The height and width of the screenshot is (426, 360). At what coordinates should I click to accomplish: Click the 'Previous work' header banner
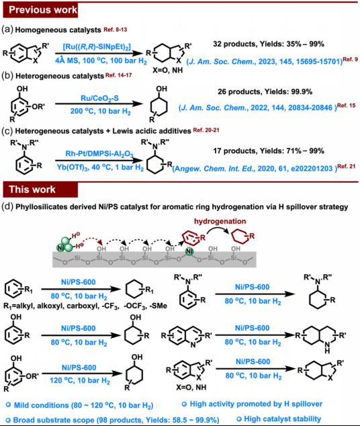[40, 10]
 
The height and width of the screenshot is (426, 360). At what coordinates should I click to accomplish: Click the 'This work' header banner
[40, 189]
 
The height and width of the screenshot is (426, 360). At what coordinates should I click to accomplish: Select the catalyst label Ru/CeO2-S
[99, 98]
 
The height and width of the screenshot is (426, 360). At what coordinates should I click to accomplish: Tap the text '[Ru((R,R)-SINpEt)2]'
[97, 47]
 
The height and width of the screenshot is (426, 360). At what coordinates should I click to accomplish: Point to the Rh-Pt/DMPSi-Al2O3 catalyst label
[99, 155]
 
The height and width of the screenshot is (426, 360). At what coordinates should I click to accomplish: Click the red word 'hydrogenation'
[220, 221]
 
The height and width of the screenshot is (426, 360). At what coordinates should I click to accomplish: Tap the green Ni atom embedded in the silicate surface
[189, 251]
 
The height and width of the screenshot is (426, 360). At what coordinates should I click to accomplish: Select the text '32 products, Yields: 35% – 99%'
[269, 44]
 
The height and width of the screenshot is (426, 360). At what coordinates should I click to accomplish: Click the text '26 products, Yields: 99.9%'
[265, 92]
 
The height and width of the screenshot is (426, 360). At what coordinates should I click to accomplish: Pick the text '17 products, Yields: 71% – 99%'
[269, 151]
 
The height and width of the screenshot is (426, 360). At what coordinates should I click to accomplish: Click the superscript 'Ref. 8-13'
[116, 30]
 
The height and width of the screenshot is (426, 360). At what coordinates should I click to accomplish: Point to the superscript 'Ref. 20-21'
[206, 130]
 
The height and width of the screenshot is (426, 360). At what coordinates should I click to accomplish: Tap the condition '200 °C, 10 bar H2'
[101, 112]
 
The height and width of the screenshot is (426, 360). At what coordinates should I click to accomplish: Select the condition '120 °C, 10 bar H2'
[80, 380]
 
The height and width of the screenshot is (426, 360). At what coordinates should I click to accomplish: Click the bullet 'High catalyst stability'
[279, 419]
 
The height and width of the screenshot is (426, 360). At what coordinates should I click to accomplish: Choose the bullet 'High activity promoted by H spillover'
[252, 404]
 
